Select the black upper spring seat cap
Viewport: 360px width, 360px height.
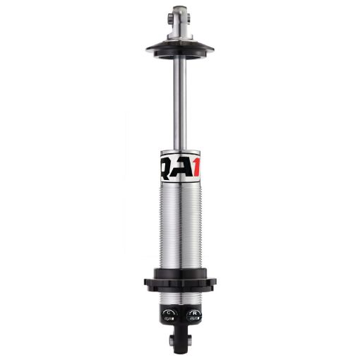tap(180, 47)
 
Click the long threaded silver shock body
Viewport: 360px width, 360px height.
tap(180, 226)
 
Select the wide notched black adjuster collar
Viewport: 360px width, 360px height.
tap(180, 283)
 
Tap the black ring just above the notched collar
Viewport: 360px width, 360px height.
tap(180, 272)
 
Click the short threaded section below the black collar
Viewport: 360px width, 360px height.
tap(180, 295)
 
